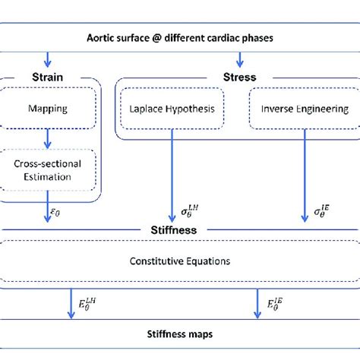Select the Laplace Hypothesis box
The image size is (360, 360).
[x=173, y=109]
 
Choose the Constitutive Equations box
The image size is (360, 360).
[x=181, y=261]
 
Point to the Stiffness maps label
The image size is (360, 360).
[x=181, y=333]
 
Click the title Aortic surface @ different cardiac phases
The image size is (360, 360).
[x=181, y=37]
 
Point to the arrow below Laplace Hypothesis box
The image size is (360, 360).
[x=173, y=175]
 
